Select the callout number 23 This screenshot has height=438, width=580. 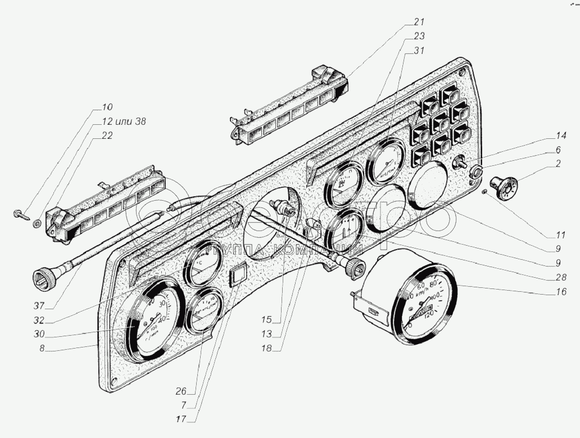pos(417,35)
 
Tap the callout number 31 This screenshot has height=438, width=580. pos(417,50)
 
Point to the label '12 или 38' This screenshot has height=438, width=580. pos(124,121)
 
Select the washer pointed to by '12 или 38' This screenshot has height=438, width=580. pos(37,223)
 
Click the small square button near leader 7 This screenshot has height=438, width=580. pos(238,275)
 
